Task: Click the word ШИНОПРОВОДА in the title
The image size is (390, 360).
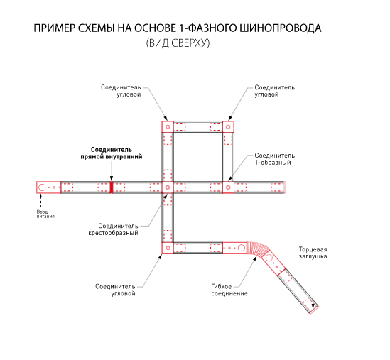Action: [281, 28]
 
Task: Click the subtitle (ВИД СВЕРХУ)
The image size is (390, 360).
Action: [178, 43]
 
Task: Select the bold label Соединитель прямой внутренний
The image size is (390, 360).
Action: [112, 153]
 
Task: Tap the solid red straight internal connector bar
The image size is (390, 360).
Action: [112, 187]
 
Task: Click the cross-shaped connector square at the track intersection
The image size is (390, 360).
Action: [168, 187]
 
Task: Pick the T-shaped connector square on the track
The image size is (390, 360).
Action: [228, 187]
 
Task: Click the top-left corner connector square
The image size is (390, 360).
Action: [168, 127]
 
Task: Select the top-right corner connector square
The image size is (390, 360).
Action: [228, 127]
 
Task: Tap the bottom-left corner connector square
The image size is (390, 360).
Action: [168, 248]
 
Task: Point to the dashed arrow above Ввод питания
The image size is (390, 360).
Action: [40, 200]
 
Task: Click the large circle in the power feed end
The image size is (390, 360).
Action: [42, 187]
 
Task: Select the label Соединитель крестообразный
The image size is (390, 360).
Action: [114, 229]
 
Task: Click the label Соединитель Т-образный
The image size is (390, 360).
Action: [274, 159]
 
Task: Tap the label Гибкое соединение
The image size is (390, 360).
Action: [229, 290]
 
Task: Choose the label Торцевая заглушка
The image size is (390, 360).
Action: [313, 253]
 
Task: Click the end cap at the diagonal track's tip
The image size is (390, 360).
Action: [315, 310]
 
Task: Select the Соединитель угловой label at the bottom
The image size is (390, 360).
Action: [115, 290]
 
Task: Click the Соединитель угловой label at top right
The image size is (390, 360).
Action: [274, 91]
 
